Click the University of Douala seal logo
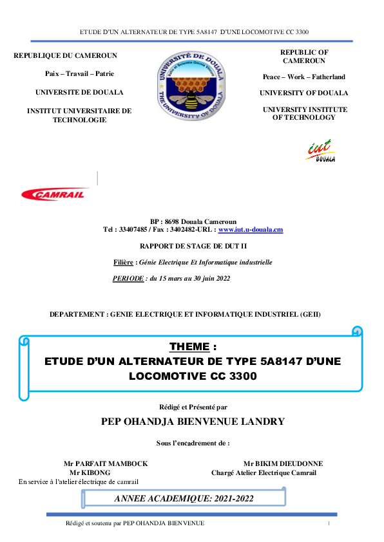click(x=191, y=86)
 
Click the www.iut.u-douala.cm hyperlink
click(x=251, y=229)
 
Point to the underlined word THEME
click(x=189, y=347)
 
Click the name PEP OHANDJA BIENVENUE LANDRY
click(x=193, y=422)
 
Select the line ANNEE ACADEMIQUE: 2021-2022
click(x=184, y=498)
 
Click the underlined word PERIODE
click(x=128, y=279)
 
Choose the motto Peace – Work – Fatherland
click(x=303, y=77)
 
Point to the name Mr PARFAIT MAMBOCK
click(x=106, y=463)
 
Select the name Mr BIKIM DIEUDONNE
click(x=283, y=463)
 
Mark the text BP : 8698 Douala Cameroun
click(x=193, y=221)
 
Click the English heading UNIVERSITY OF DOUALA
click(x=303, y=93)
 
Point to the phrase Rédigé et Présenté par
click(x=193, y=407)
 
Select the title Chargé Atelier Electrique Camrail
click(x=264, y=473)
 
